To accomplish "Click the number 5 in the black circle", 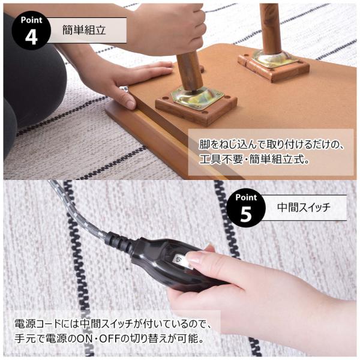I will (245, 215).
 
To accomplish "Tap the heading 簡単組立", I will (84, 29).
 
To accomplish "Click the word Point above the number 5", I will (245, 197).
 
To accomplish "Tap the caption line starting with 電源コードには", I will (114, 325).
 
